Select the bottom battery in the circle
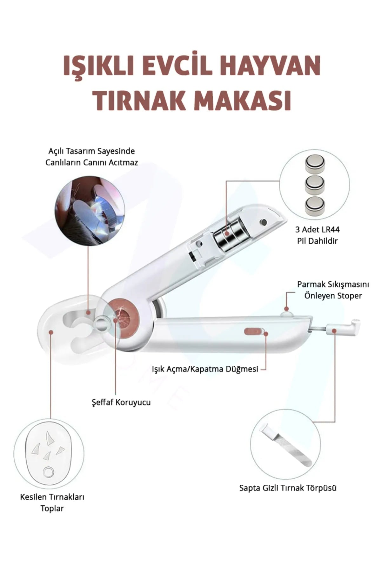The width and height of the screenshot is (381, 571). point(315,206)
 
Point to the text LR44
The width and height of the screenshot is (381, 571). point(330,229)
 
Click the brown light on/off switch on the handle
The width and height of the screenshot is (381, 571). point(254,332)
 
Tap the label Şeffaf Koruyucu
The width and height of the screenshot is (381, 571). point(121,402)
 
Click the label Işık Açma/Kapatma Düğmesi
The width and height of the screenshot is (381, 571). point(205,369)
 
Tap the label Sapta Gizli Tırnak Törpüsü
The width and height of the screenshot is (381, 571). point(288,488)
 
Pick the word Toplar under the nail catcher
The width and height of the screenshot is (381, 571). point(52,509)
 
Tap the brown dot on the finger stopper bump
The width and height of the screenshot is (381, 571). point(286,309)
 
